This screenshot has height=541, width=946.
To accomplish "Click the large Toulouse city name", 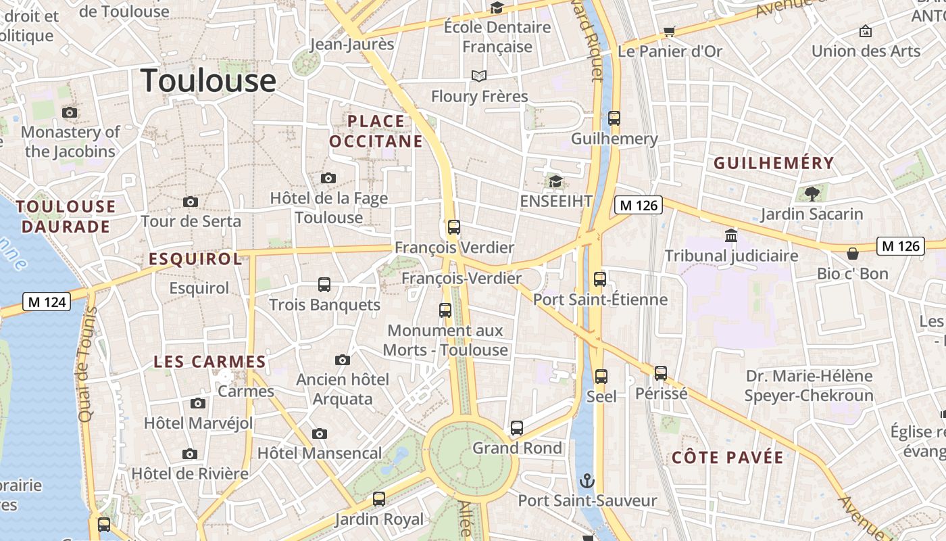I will (x=209, y=80).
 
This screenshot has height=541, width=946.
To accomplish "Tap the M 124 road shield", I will (x=47, y=302).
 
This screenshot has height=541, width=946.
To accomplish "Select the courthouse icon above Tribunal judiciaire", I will (x=731, y=236).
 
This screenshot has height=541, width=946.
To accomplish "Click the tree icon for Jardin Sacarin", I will (x=812, y=194).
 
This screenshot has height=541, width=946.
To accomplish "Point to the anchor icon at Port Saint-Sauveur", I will (x=587, y=481).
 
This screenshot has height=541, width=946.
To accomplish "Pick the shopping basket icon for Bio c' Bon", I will (x=853, y=254).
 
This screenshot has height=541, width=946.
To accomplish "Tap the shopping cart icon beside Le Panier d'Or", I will (x=669, y=31).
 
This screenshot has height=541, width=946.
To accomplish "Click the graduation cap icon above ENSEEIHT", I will (x=555, y=181).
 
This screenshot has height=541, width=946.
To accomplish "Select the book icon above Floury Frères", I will (x=479, y=76).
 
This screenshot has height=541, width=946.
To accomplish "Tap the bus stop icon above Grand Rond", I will (x=517, y=427).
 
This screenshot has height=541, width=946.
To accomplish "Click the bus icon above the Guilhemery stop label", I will (x=614, y=118).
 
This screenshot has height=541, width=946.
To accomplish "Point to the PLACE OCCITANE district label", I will (x=376, y=131).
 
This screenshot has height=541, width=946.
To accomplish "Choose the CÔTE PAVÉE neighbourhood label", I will (x=728, y=458).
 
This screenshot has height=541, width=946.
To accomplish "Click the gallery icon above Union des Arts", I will (x=865, y=31).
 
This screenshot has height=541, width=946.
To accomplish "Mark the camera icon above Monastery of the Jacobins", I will (x=70, y=112).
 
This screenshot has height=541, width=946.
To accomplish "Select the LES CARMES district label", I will (x=209, y=362).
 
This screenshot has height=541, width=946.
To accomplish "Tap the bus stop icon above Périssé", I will (x=661, y=373).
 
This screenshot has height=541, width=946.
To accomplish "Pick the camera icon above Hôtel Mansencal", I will (x=320, y=433).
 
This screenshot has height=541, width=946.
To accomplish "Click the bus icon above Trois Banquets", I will (x=324, y=285).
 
